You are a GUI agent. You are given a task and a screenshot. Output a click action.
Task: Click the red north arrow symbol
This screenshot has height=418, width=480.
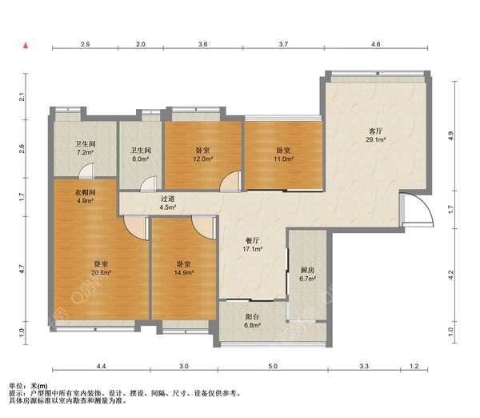tap(26, 46)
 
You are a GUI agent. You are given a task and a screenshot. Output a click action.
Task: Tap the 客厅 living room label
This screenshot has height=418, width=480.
tap(375, 131)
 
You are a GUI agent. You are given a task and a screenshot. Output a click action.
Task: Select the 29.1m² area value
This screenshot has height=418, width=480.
tap(375, 140)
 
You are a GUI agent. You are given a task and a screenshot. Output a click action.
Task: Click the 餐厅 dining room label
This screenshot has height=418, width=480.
tap(252, 240)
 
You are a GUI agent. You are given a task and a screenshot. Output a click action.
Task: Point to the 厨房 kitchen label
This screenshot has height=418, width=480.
tap(307, 271)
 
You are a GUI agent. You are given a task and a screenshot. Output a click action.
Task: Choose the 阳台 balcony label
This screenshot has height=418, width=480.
tap(252, 317)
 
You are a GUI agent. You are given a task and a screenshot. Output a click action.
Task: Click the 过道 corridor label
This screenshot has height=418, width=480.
tap(168, 199)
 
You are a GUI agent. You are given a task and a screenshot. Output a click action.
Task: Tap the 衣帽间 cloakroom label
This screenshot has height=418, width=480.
tap(86, 192)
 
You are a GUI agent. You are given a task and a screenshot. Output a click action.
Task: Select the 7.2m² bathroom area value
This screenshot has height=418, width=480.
tap(85, 152)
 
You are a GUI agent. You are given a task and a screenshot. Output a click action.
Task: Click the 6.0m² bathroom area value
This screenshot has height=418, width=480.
tap(141, 159)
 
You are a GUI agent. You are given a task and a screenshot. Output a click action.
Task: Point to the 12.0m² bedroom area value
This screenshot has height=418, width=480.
tap(202, 159)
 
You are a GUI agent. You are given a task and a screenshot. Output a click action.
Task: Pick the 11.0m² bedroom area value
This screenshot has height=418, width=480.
tap(283, 159)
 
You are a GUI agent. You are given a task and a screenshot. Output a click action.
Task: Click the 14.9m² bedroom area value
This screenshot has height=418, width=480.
tap(184, 272)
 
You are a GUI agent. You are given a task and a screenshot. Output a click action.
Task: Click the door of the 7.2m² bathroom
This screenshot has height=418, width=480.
tap(86, 171)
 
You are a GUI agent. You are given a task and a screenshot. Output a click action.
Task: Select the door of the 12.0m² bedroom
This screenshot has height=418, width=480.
tap(231, 182)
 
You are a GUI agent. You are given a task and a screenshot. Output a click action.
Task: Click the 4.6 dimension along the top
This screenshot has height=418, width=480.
tap(376, 44)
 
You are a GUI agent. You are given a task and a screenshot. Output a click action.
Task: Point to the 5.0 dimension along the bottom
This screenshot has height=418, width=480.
tap(273, 366)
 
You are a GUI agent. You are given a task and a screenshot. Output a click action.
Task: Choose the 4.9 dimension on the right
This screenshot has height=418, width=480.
tap(450, 136)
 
